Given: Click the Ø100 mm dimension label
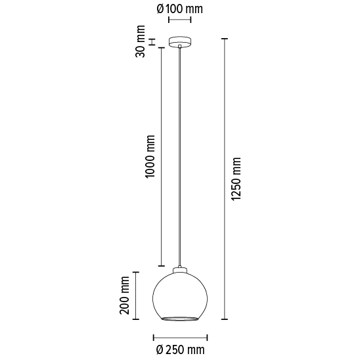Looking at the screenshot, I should click(x=179, y=9).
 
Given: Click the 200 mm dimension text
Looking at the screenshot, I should click(x=124, y=296).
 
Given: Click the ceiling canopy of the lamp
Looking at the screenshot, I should click(x=179, y=43).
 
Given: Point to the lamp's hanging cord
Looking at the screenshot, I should click(x=179, y=158).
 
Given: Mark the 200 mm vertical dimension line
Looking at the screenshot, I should click(x=136, y=296).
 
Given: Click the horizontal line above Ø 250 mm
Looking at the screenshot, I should click(x=179, y=336).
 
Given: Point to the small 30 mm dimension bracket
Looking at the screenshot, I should click(x=152, y=43).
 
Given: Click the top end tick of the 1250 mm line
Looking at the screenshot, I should click(x=225, y=39).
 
